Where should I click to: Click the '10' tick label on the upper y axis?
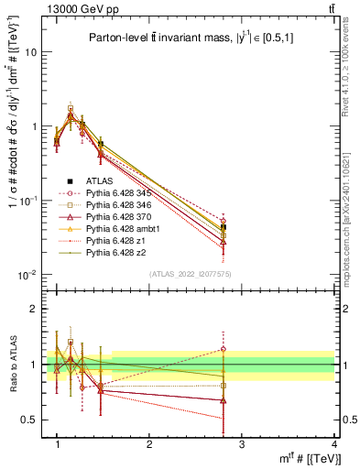[x=31, y=52]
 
